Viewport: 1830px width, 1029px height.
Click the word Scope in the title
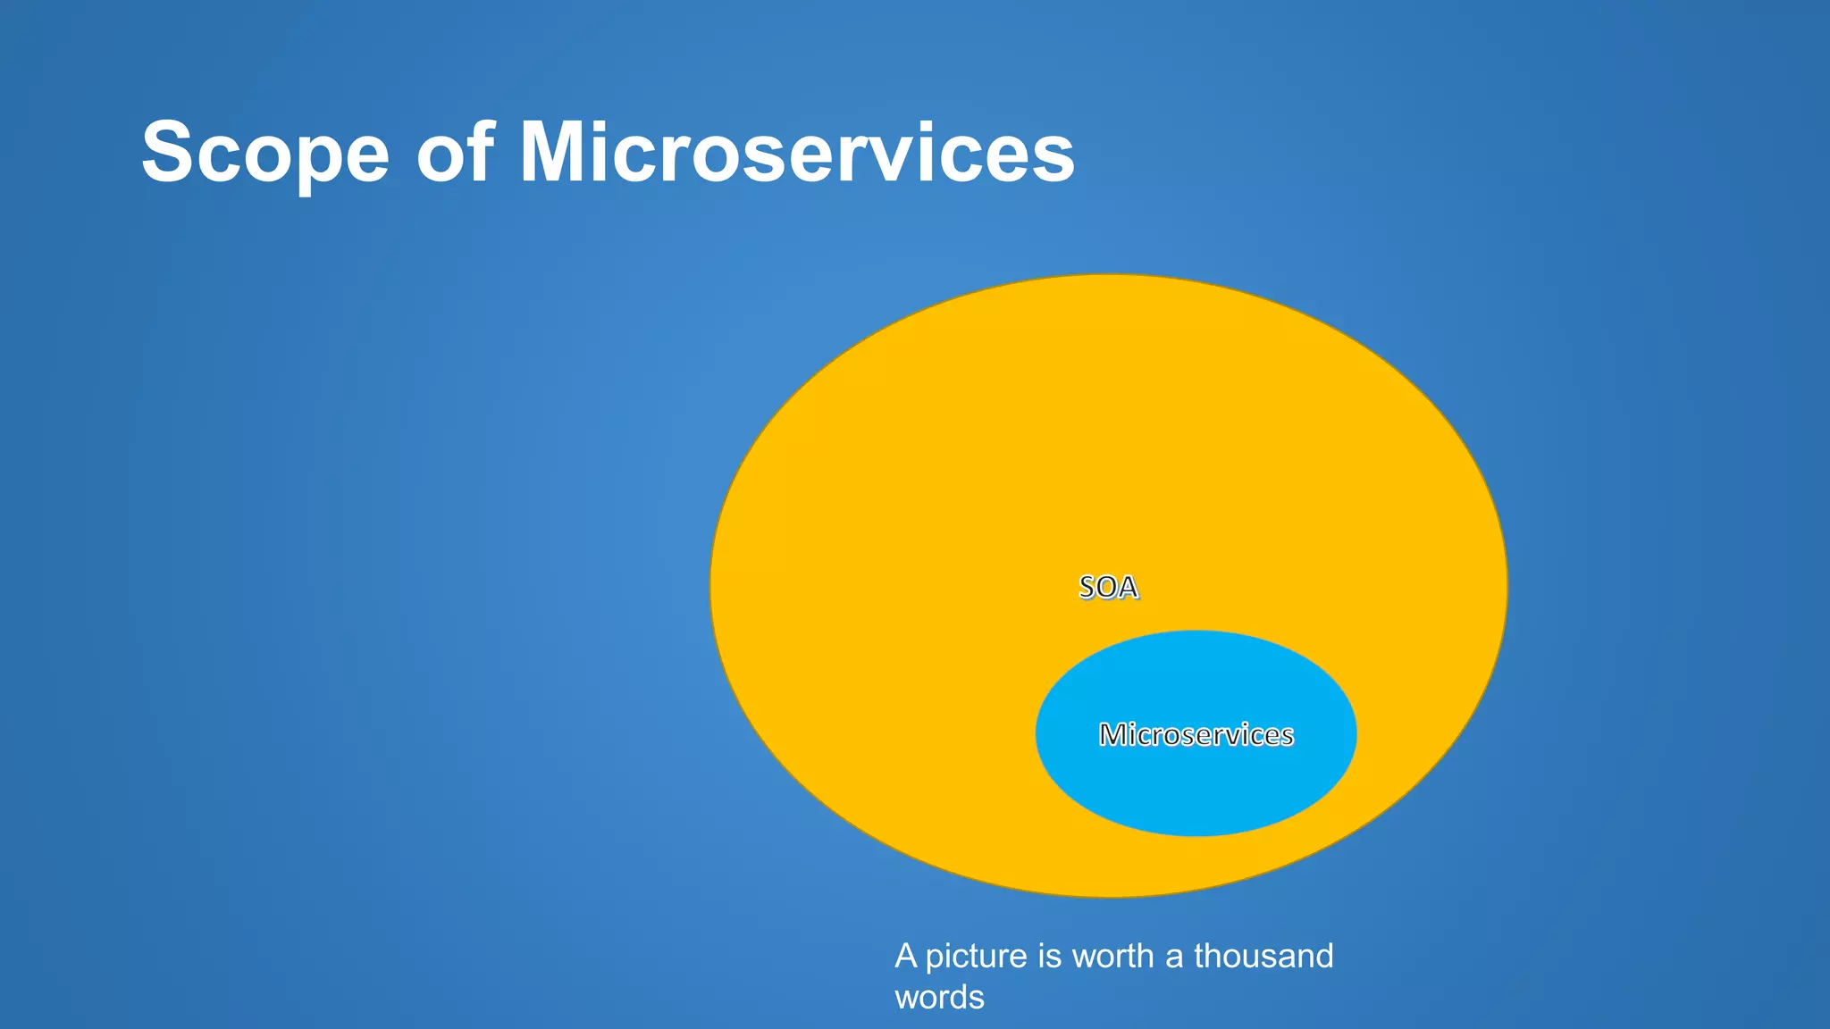265,154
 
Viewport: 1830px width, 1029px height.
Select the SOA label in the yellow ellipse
1108,587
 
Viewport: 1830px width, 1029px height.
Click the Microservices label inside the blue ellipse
1196,734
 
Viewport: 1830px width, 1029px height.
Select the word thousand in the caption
1263,956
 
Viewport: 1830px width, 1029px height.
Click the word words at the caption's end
939,997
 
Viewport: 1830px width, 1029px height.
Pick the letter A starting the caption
905,956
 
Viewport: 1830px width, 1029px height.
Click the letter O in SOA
1108,587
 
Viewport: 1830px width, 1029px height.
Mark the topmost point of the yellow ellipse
1108,276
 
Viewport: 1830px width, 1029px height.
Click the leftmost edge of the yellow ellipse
712,586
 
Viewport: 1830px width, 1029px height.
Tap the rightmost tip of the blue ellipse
1355,733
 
